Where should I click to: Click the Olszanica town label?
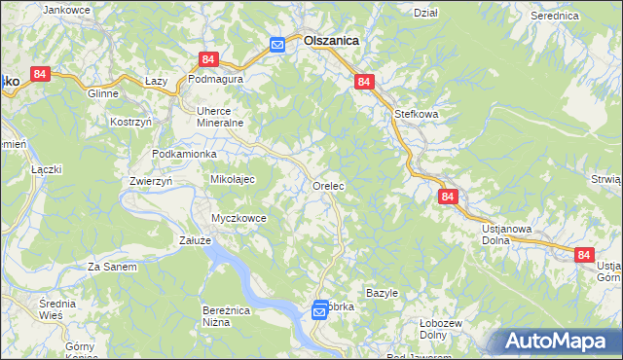tap(331, 42)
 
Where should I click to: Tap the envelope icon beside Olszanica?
tap(277, 44)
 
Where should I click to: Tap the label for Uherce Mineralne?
tap(219, 117)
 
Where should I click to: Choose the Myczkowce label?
tap(239, 218)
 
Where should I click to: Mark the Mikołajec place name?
tap(233, 179)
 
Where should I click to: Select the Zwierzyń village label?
tap(151, 181)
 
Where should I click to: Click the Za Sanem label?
tap(112, 267)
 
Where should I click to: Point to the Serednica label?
tap(555, 17)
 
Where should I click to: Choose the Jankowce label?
tap(67, 10)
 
